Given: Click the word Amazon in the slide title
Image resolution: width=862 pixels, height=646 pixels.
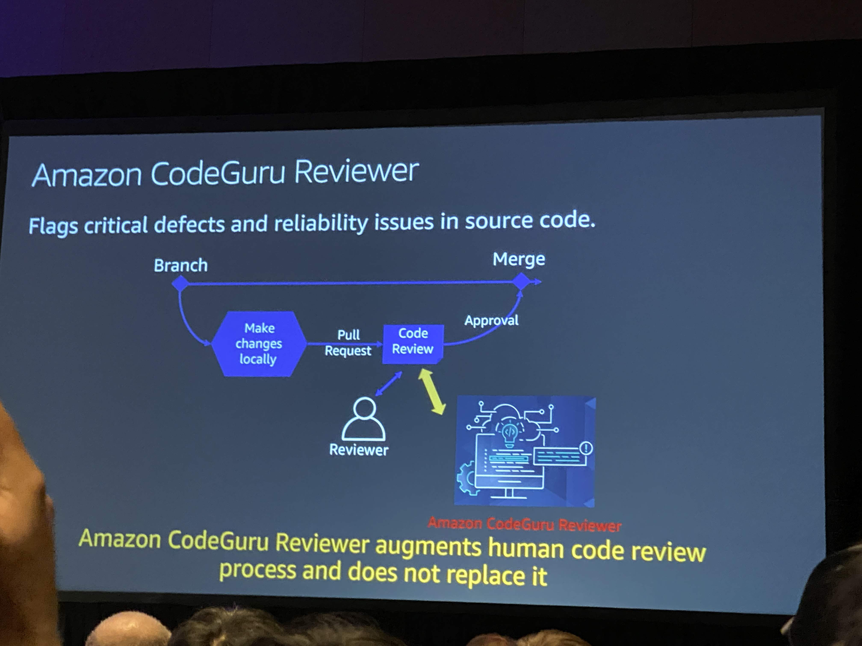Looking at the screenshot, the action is pos(87,175).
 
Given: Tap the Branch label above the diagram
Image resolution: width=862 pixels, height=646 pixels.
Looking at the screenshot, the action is pos(181,266).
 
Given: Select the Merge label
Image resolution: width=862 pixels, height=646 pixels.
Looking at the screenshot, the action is pos(519,260).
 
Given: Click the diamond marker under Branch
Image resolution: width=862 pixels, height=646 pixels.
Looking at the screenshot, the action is pos(180,283).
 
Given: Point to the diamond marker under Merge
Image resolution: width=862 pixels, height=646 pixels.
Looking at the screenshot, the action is pos(521,281).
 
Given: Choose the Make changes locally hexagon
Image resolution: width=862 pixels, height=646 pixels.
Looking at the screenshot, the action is pos(259,344).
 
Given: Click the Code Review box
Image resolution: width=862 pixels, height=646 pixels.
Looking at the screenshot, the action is pos(413,344).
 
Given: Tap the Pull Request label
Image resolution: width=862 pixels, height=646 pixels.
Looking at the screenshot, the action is pos(348,343).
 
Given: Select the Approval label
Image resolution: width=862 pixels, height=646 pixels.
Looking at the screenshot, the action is pos(491,321).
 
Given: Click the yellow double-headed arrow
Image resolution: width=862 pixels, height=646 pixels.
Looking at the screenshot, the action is pos(432,391).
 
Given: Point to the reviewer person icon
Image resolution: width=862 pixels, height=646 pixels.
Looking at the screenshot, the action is pos(363,419).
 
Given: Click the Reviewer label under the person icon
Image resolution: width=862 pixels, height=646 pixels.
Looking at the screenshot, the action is pos(359,450).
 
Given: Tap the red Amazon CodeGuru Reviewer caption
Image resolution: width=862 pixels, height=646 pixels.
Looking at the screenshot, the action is pos(524,525).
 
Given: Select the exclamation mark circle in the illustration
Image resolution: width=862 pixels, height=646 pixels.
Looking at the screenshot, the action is pos(586,448).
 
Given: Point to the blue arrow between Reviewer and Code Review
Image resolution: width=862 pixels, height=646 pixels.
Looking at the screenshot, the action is pos(388,384).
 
